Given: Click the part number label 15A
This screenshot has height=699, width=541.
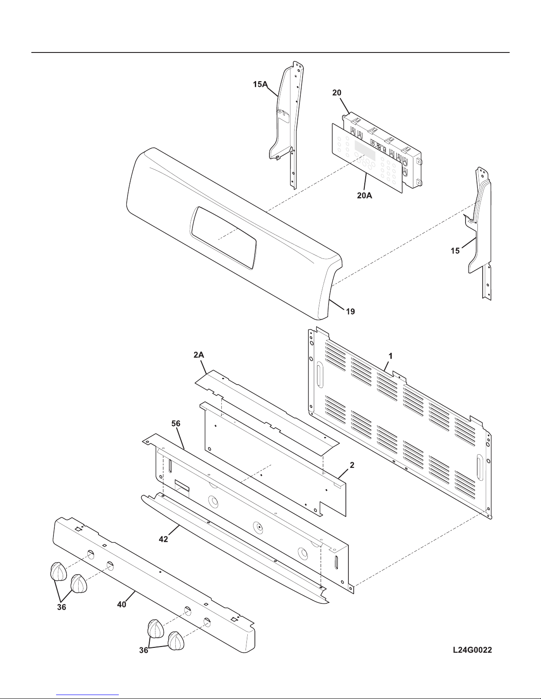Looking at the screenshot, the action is [x=260, y=84].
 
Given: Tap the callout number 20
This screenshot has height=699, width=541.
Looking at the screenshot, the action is [x=337, y=93].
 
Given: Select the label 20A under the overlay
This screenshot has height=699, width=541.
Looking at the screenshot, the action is [x=364, y=195].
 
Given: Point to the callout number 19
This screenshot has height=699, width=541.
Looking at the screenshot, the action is [x=350, y=311].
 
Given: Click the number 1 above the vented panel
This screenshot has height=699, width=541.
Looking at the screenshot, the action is [x=390, y=356].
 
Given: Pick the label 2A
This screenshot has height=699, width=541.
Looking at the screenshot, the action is [x=199, y=355].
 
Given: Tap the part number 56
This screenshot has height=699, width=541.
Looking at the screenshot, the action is [x=176, y=424].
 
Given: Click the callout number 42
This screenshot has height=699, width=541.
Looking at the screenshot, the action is [x=163, y=539].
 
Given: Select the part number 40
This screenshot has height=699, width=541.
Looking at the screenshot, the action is [x=121, y=605].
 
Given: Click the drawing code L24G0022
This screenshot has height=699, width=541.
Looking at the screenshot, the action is [x=473, y=650].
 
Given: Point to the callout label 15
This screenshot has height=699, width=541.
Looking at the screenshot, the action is [x=455, y=250].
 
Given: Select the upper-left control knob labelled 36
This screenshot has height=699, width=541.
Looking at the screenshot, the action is [x=58, y=572].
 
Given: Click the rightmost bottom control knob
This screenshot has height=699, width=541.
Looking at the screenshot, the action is [x=176, y=640].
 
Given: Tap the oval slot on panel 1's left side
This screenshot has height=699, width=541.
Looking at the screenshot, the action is [x=319, y=374].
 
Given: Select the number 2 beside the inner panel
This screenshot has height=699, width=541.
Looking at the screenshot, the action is [x=352, y=465].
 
